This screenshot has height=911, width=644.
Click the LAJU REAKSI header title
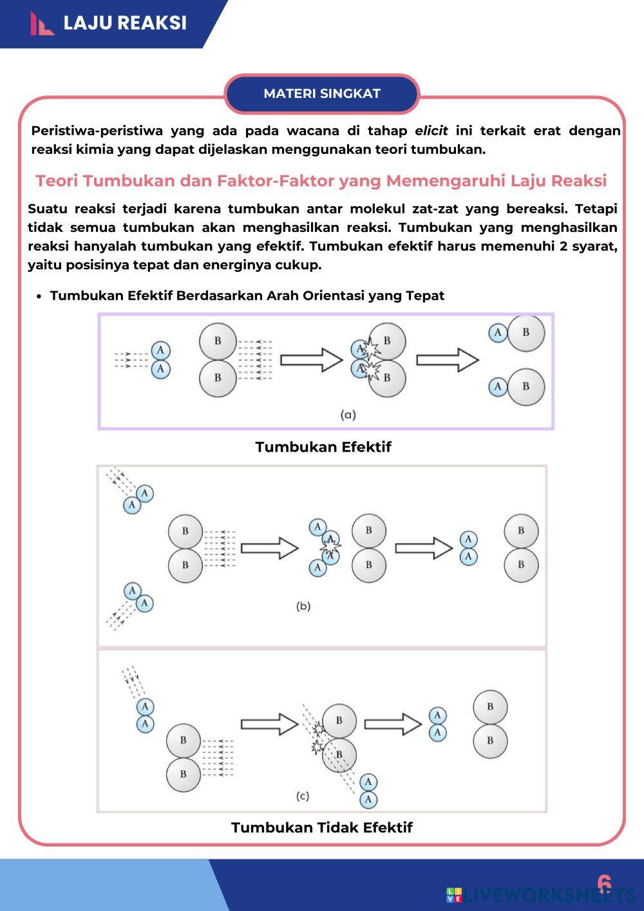pyautogui.click(x=125, y=23)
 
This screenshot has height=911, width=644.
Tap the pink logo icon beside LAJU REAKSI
pyautogui.click(x=42, y=24)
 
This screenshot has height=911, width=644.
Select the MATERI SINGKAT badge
pyautogui.click(x=322, y=93)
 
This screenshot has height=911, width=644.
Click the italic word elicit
pyautogui.click(x=431, y=131)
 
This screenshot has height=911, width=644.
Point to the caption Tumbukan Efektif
pyautogui.click(x=323, y=447)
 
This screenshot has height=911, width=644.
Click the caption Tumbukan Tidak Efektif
pyautogui.click(x=321, y=827)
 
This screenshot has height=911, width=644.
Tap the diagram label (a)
pyautogui.click(x=348, y=415)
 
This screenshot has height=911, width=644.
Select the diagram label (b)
pyautogui.click(x=303, y=606)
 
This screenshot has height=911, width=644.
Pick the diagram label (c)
pyautogui.click(x=303, y=796)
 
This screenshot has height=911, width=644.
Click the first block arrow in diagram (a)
pyautogui.click(x=312, y=360)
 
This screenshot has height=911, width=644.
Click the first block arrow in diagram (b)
pyautogui.click(x=270, y=548)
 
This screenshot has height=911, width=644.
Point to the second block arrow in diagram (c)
pyautogui.click(x=393, y=724)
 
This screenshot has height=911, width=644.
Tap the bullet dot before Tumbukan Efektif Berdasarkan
pyautogui.click(x=39, y=296)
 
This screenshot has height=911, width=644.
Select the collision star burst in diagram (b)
pyautogui.click(x=330, y=546)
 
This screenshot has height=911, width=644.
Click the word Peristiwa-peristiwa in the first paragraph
pyautogui.click(x=97, y=131)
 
